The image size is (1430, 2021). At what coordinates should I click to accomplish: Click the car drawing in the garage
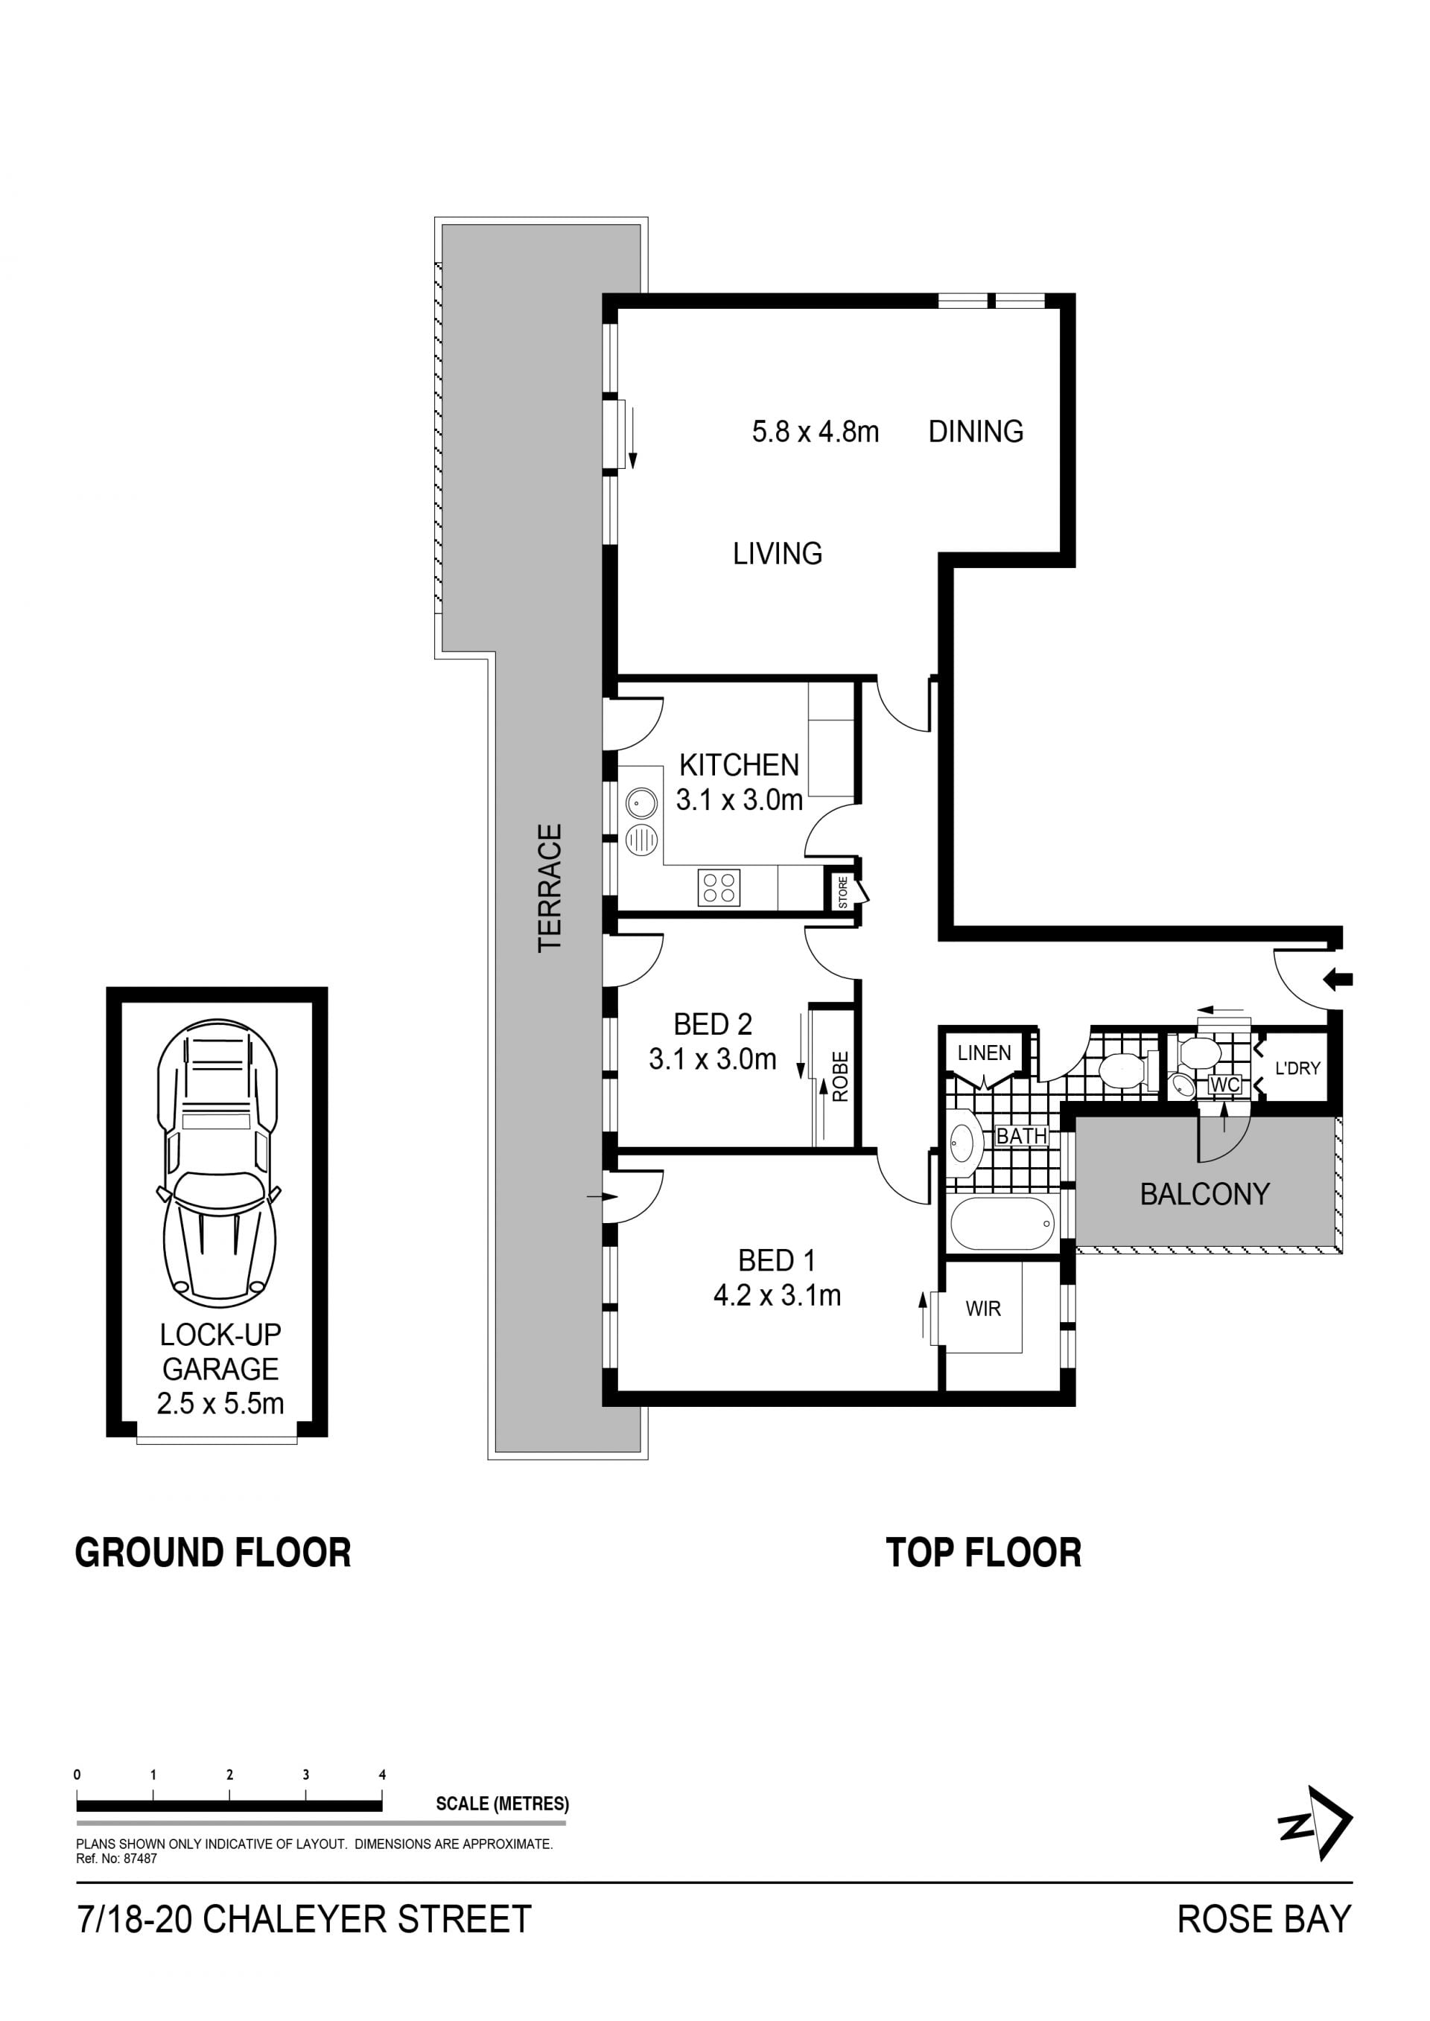pyautogui.click(x=217, y=1163)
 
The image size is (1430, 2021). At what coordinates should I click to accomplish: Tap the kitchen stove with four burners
pyautogui.click(x=719, y=887)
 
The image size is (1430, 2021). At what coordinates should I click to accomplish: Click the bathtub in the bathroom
pyautogui.click(x=1003, y=1224)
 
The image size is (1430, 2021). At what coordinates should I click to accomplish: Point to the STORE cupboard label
pyautogui.click(x=842, y=893)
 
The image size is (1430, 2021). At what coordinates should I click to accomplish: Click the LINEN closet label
pyautogui.click(x=985, y=1053)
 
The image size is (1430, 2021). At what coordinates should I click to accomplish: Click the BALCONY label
pyautogui.click(x=1204, y=1195)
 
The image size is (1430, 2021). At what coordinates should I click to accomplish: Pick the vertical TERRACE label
pyautogui.click(x=550, y=887)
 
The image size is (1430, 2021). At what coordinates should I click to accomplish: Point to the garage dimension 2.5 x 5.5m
pyautogui.click(x=220, y=1403)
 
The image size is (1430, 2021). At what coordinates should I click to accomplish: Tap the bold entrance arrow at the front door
pyautogui.click(x=1338, y=979)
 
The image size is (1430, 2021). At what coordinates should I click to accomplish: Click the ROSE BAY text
pyautogui.click(x=1265, y=1920)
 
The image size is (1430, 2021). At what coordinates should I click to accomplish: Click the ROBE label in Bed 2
pyautogui.click(x=840, y=1076)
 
